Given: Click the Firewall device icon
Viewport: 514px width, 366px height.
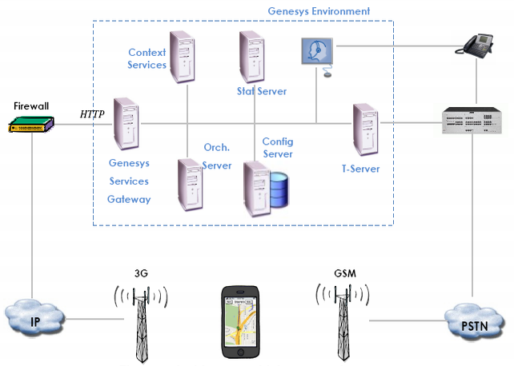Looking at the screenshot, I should [31, 124].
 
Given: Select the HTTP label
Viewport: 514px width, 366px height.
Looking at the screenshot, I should [93, 114].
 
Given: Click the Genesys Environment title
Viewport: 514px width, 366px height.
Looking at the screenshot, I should [319, 11].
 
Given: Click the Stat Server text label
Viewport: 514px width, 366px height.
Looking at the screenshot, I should [262, 91].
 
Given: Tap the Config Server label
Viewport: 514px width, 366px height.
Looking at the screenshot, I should [277, 148].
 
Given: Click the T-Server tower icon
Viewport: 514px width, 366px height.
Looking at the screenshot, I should [366, 128].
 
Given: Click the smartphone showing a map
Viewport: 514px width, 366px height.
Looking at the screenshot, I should [241, 322].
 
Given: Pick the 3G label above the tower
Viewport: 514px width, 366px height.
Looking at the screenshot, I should [141, 274].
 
